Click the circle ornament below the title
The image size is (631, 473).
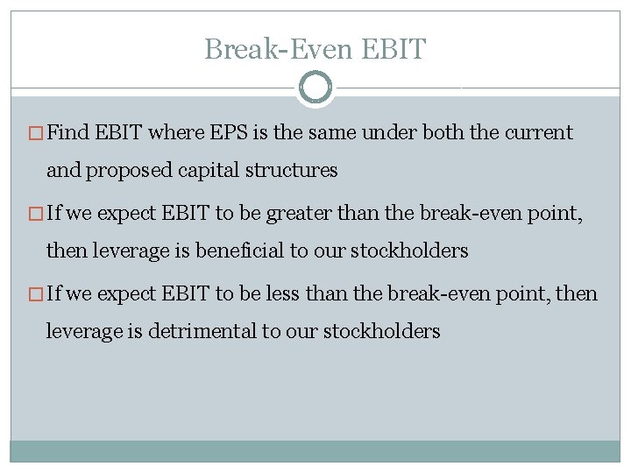coord(315,88)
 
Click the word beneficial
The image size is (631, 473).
coord(235,251)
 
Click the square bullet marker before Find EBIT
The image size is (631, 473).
coord(37,134)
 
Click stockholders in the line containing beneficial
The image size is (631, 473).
coord(409,251)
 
